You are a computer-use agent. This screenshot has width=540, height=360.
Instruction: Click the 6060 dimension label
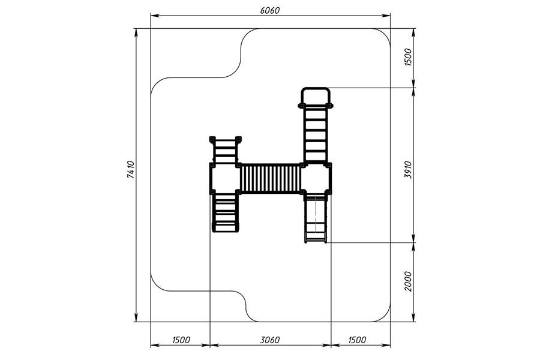point(269,10)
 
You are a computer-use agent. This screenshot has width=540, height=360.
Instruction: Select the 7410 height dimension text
point(131,169)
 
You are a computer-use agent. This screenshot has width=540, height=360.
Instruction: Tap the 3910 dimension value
point(408,169)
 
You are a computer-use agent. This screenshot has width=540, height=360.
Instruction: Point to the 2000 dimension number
point(408,281)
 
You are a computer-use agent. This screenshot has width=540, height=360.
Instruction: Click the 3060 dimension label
point(269,340)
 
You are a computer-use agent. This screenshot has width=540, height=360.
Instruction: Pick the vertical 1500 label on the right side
point(408,57)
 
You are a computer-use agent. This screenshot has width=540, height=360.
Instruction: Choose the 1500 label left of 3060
point(181,340)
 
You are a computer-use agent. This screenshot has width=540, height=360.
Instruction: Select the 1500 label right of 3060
point(357,340)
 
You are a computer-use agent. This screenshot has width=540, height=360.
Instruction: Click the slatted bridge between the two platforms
point(271,178)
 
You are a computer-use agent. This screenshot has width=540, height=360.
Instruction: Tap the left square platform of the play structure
point(225,178)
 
